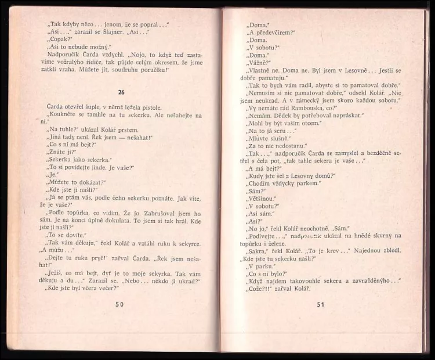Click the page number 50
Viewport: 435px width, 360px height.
click(x=120, y=304)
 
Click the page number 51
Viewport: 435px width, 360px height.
click(x=321, y=304)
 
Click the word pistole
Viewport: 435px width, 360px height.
click(x=150, y=107)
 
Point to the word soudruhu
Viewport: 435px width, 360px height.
click(x=130, y=70)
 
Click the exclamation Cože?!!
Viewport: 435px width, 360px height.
click(x=259, y=289)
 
